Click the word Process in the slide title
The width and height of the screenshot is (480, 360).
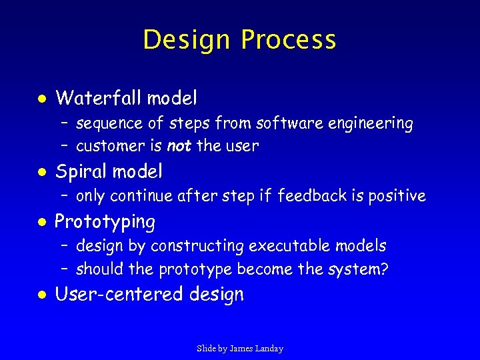pos(288,40)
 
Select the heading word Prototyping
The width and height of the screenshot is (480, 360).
pos(105,222)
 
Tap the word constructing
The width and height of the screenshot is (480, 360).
pos(198,247)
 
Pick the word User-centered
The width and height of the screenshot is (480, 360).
pos(120,295)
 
